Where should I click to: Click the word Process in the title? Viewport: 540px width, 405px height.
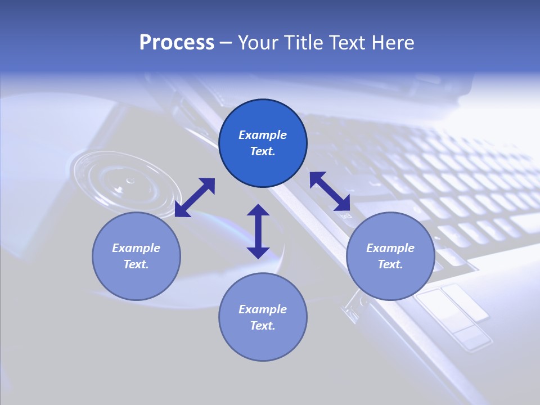[x=177, y=43]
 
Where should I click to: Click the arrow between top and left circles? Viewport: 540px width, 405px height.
[x=195, y=197]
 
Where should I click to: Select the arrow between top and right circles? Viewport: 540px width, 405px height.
[x=330, y=191]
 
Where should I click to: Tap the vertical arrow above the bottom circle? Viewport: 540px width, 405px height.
[x=258, y=231]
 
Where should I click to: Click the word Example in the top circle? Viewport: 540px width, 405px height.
[x=263, y=135]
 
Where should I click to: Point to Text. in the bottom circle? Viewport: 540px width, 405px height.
[x=263, y=326]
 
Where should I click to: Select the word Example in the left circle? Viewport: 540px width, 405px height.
[x=136, y=248]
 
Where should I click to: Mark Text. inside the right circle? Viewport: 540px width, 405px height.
[x=390, y=264]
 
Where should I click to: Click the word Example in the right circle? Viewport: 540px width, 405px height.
[x=390, y=248]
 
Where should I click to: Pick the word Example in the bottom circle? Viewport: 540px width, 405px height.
[x=263, y=309]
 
